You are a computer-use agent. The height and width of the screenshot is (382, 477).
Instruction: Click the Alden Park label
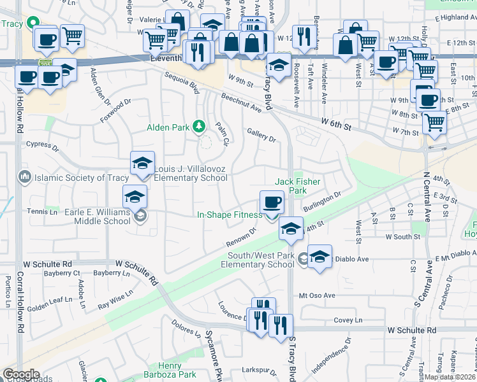[168, 127]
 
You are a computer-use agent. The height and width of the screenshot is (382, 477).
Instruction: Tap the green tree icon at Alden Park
[199, 127]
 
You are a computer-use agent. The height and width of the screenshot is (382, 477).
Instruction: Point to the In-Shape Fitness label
[229, 215]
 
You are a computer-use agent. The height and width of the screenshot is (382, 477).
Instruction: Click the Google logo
[21, 374]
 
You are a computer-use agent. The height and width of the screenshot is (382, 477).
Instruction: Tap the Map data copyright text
[450, 377]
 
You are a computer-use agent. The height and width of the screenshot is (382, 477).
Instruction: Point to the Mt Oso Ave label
[312, 295]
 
